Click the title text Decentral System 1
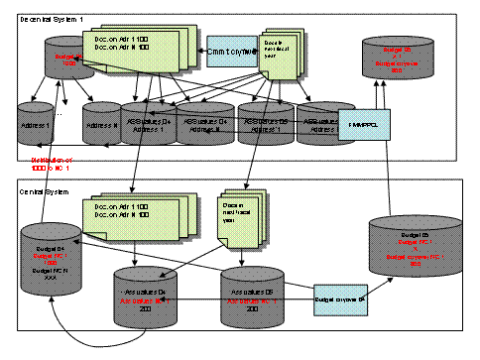51,19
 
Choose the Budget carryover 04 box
341,298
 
